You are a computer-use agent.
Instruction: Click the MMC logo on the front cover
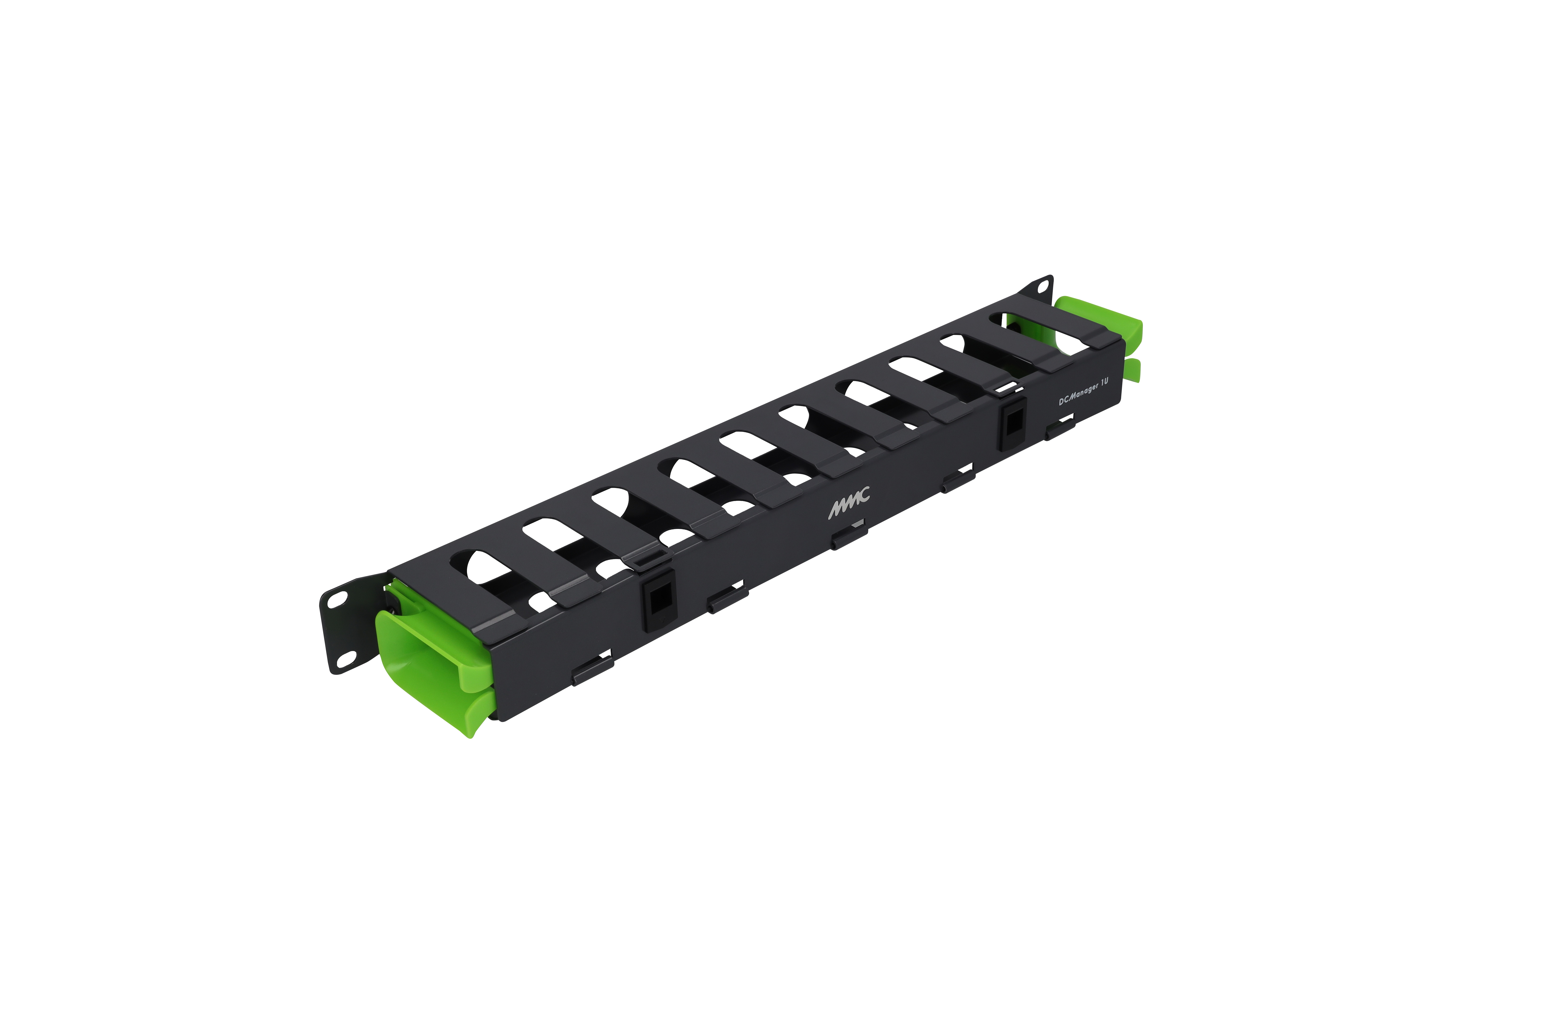point(849,502)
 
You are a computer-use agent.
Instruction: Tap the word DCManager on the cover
point(1079,393)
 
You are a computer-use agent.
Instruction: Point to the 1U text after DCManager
point(1105,382)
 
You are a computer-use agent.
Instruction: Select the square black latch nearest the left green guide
point(658,599)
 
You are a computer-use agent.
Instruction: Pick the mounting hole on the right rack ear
point(1042,286)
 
